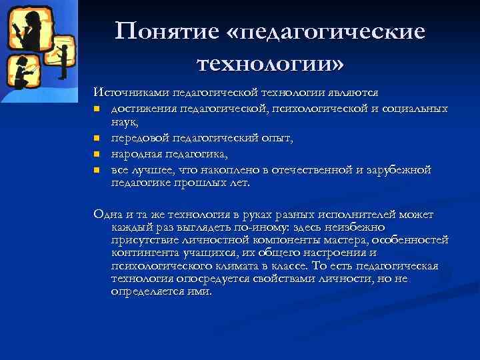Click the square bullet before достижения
click(x=97, y=109)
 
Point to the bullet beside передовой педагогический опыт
click(x=97, y=139)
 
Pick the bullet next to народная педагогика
click(x=97, y=155)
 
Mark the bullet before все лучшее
click(x=97, y=170)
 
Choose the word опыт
click(x=274, y=138)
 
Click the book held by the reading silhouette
click(x=15, y=29)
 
